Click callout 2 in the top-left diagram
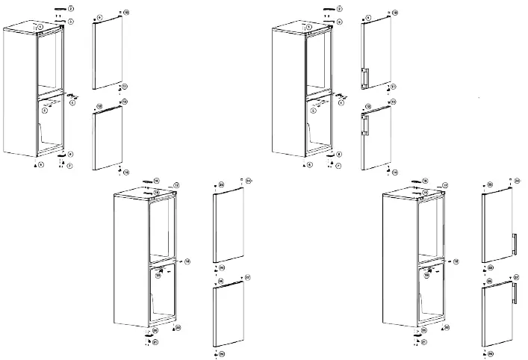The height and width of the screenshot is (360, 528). click(x=70, y=8)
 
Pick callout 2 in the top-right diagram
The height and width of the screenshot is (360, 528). click(x=339, y=8)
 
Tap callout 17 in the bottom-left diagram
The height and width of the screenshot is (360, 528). click(x=176, y=184)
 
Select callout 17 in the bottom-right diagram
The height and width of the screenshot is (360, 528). click(x=444, y=184)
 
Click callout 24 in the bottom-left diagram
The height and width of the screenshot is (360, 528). click(x=248, y=180)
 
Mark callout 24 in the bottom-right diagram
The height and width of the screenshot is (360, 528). click(x=517, y=180)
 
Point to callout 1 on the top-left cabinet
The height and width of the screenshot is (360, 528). click(x=40, y=27)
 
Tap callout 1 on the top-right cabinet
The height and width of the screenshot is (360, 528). click(x=308, y=27)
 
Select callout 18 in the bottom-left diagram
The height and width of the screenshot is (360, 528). click(x=187, y=261)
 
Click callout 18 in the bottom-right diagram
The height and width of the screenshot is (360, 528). click(x=456, y=261)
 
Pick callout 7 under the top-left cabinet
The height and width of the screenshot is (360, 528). click(x=69, y=165)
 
